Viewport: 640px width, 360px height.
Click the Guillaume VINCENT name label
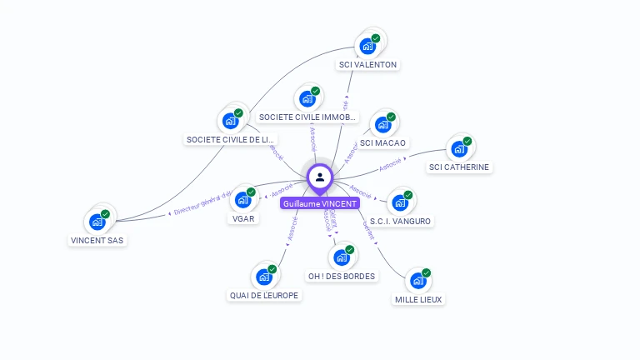(320, 203)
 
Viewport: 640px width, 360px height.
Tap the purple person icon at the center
(320, 177)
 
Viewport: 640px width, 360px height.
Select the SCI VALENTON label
(367, 64)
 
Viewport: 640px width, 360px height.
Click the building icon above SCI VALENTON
(367, 46)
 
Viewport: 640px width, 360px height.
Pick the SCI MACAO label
(383, 143)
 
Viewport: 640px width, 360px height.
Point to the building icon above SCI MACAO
(383, 125)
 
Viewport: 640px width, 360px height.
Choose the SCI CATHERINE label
(459, 167)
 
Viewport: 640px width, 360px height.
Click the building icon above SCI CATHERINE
(458, 149)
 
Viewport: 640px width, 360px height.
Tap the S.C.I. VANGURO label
(400, 221)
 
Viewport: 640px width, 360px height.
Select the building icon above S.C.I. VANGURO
(401, 202)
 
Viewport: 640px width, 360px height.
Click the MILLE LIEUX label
(418, 299)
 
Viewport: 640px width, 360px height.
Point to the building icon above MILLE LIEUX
(417, 281)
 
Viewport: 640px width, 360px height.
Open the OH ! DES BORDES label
(342, 276)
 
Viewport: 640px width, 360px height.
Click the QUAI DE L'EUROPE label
(264, 295)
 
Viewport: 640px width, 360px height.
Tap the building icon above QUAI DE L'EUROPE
(264, 277)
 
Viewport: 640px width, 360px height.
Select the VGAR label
(243, 218)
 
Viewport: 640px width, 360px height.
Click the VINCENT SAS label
(97, 240)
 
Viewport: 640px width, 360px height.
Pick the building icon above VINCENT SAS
(97, 222)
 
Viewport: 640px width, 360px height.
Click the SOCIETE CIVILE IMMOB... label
(307, 117)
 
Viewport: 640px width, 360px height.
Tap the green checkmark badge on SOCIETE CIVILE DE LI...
(238, 113)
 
